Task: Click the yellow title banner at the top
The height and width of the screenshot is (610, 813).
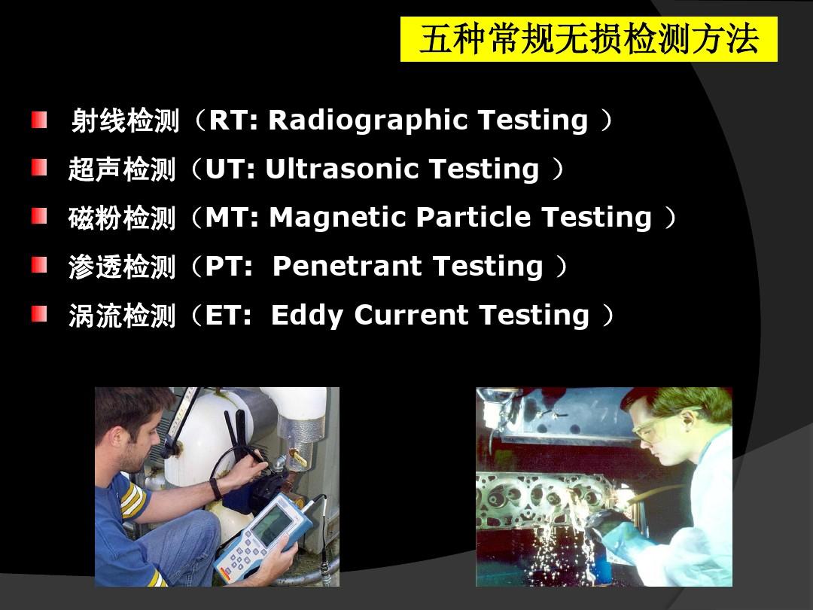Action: pos(589,39)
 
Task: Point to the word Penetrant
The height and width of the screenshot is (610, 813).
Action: pos(347,267)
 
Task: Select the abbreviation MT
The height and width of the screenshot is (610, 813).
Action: pos(226,218)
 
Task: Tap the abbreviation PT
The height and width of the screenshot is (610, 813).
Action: pos(223,267)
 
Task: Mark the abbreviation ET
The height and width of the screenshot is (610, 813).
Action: pos(222,316)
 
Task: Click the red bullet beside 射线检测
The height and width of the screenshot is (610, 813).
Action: pos(39,120)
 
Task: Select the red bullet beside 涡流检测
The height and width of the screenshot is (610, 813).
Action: pos(39,314)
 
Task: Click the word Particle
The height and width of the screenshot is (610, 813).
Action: pos(473,218)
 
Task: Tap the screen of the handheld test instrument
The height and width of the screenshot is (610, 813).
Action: pos(270,525)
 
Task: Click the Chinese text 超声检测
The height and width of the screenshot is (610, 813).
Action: pos(122,169)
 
